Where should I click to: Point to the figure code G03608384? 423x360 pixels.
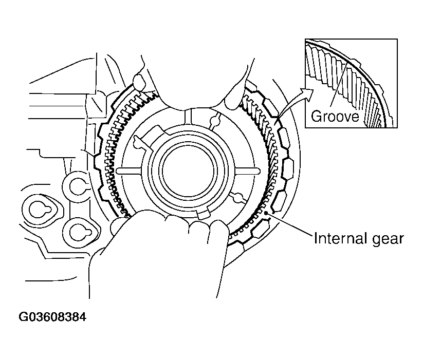pyautogui.click(x=52, y=317)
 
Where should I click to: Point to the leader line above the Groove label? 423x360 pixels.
pyautogui.click(x=340, y=92)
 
